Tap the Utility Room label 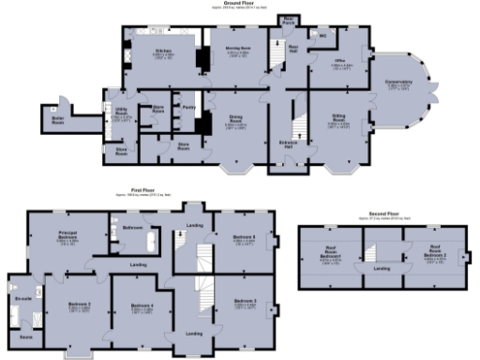pos(122,114)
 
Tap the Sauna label pos(25,335)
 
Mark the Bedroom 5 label pos(247,237)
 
